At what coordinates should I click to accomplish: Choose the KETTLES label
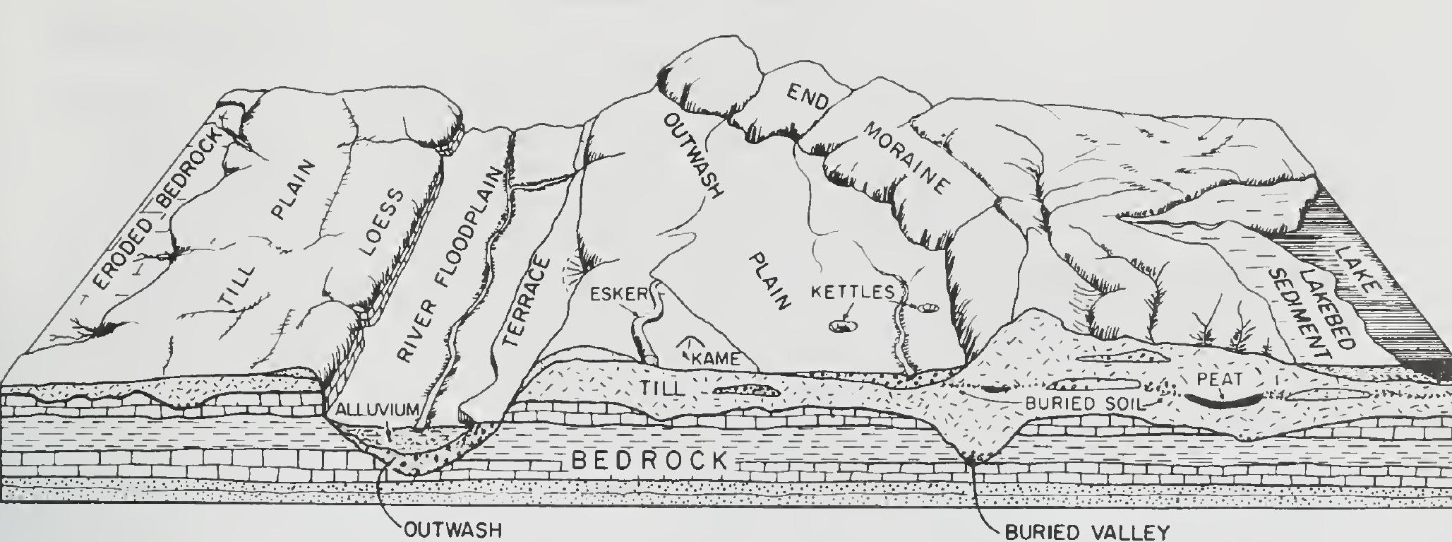851,291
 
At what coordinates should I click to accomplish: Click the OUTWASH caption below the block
450,530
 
